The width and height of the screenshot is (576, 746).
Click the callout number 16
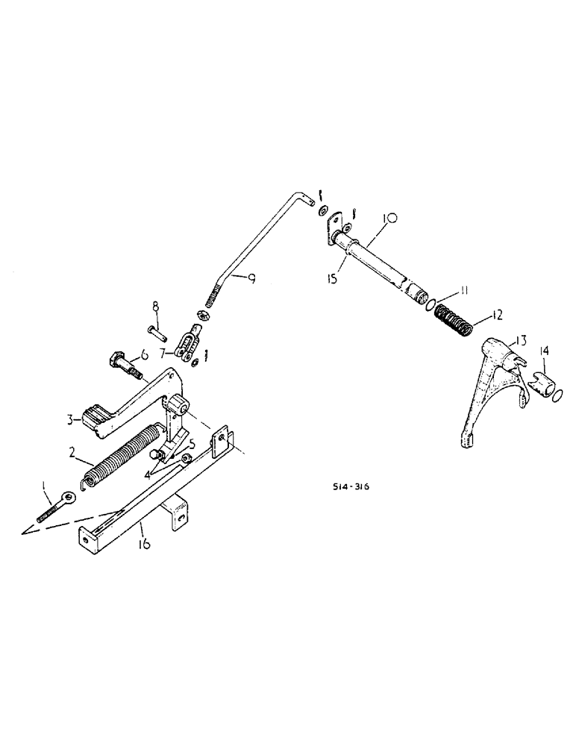[144, 545]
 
